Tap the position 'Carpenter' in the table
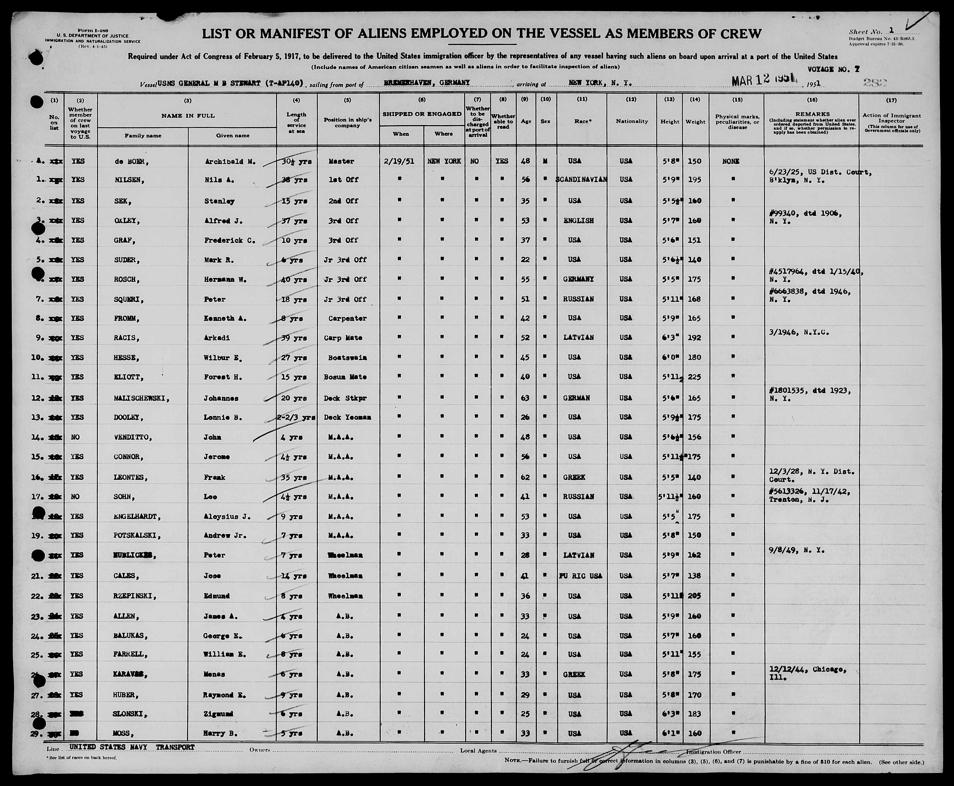pyautogui.click(x=347, y=318)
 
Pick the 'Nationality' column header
pyautogui.click(x=632, y=121)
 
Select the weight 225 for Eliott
pyautogui.click(x=694, y=377)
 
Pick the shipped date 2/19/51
pyautogui.click(x=401, y=161)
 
